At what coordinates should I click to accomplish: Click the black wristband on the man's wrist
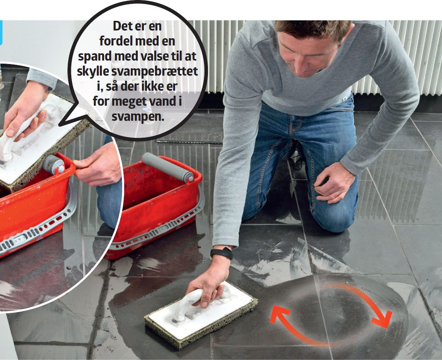221,253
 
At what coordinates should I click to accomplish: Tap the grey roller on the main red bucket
168,167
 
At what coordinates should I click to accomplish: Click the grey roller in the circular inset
54,164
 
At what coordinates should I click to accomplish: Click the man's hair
313,28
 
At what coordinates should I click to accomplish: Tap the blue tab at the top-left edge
1,33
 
